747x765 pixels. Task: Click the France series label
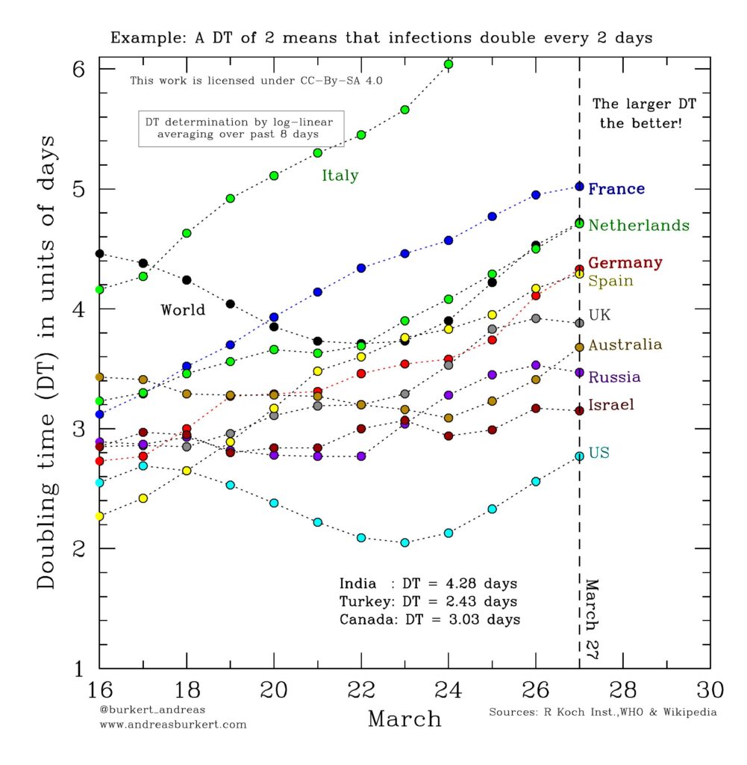click(616, 189)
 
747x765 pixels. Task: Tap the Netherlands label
click(639, 226)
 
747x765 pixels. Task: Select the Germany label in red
click(625, 263)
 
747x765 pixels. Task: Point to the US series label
click(598, 453)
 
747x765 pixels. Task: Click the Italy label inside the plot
click(340, 175)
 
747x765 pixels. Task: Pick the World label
click(183, 310)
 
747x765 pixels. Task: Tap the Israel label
click(611, 405)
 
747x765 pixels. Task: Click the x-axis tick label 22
click(361, 690)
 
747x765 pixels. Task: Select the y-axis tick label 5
click(79, 189)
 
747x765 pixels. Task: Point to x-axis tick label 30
click(710, 690)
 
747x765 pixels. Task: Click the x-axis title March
click(404, 719)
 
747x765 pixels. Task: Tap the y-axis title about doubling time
click(46, 362)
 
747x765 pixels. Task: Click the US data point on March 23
click(404, 542)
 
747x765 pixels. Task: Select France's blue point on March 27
click(579, 186)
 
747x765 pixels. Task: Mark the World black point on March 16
click(99, 254)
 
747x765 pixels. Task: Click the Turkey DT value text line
click(428, 601)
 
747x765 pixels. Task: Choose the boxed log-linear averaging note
click(241, 128)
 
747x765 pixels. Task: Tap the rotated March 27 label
click(592, 619)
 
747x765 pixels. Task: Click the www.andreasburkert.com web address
click(173, 725)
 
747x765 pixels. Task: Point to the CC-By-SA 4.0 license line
click(256, 81)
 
